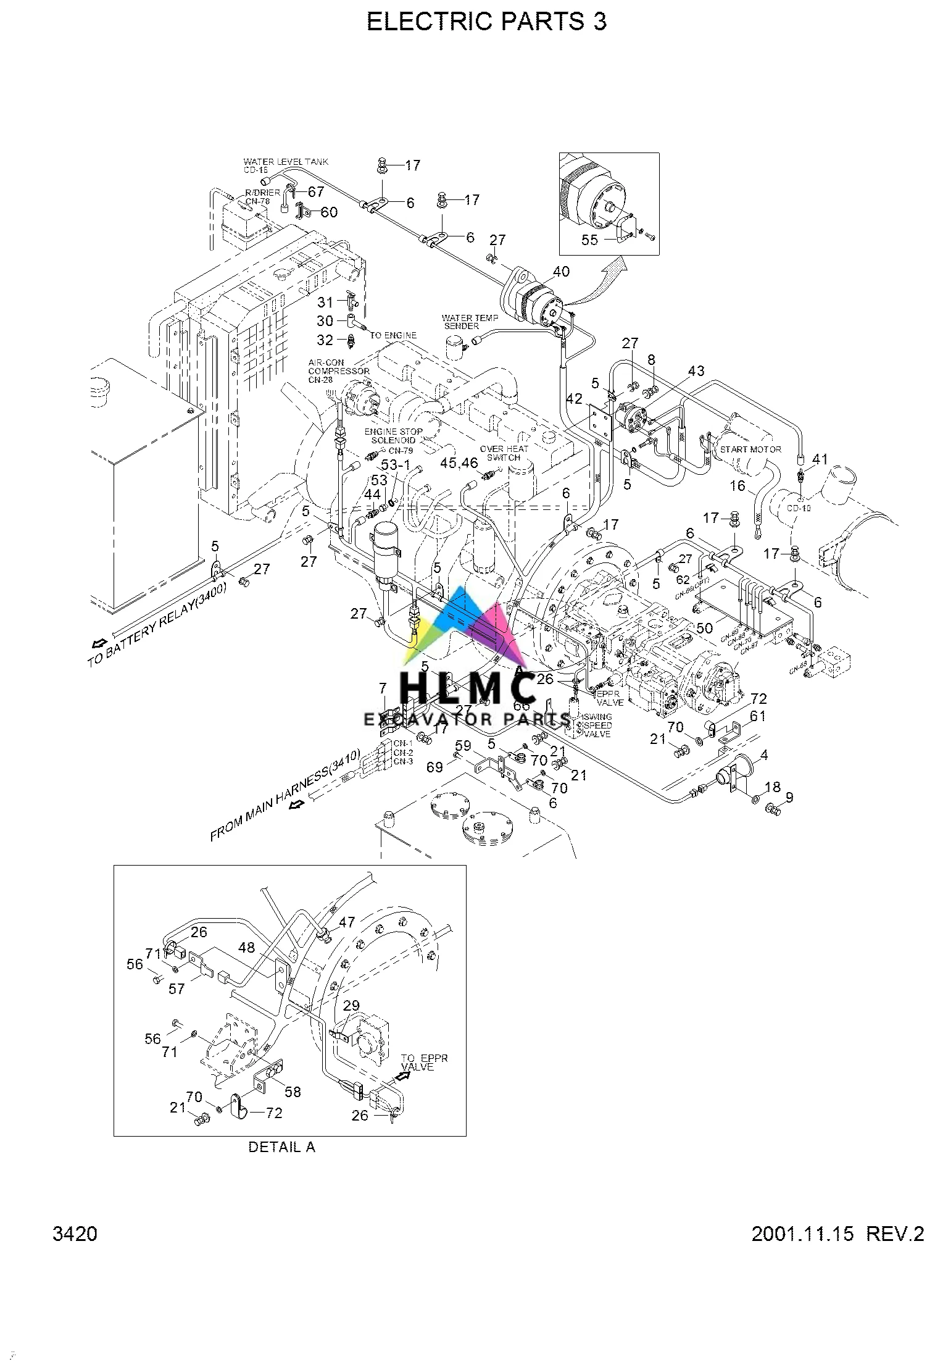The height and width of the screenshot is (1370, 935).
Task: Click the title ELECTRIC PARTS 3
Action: point(486,22)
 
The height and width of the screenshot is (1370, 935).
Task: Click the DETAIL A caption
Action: point(281,1147)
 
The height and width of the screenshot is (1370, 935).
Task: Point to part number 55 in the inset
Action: point(589,240)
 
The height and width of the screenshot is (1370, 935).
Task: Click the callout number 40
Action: point(561,271)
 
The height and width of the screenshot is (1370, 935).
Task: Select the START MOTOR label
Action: point(750,449)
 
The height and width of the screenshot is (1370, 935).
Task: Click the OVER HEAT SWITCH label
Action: point(504,453)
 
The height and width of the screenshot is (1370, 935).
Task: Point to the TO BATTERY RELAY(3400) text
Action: point(158,624)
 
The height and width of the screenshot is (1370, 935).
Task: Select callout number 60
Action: point(329,212)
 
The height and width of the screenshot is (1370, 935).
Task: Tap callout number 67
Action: point(316,192)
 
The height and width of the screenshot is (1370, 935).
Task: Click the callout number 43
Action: point(696,370)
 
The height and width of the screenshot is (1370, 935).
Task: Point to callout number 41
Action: point(820,459)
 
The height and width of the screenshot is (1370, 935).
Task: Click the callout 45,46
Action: point(459,462)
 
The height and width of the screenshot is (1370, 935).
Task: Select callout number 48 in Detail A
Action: point(246,947)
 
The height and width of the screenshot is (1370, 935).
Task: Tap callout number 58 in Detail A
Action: point(293,1092)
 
